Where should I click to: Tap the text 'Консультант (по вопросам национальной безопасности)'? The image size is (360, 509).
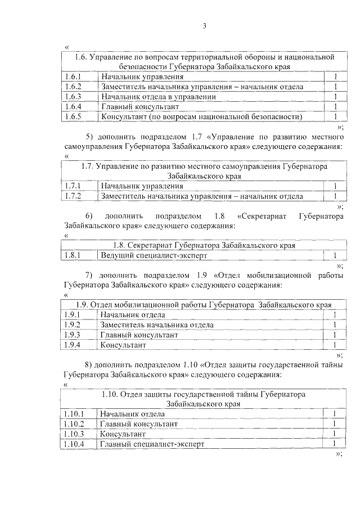tap(201, 117)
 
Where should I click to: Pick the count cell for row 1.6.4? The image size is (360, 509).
tap(335, 107)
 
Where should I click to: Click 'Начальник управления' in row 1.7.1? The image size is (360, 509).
tap(142, 186)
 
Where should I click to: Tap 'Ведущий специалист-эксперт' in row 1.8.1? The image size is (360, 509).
tap(154, 256)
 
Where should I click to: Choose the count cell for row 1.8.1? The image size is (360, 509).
tap(335, 256)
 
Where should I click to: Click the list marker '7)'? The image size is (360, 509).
tap(89, 276)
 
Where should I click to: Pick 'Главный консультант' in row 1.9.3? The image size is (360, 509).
tap(139, 335)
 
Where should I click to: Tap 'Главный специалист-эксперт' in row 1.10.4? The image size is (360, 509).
tap(152, 444)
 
